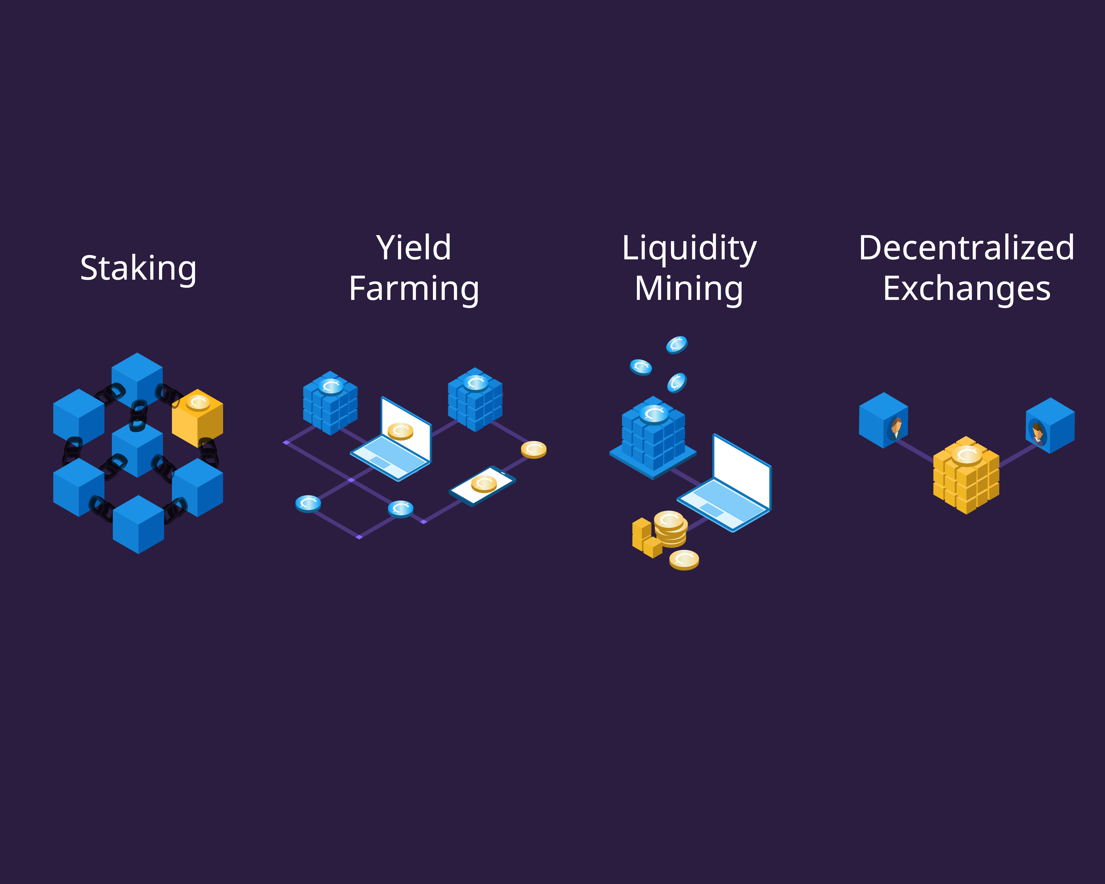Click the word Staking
click(138, 269)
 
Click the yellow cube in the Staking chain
click(197, 418)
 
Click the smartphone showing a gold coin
click(482, 485)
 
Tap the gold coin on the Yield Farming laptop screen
click(400, 431)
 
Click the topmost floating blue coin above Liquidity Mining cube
click(676, 345)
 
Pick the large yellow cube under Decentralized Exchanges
click(966, 475)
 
